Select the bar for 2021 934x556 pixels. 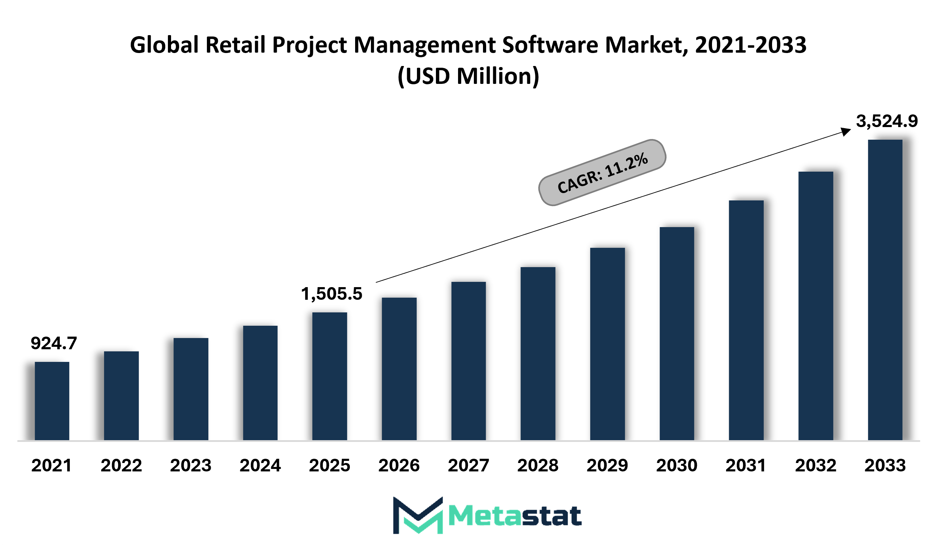click(x=52, y=401)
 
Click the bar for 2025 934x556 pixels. click(x=329, y=376)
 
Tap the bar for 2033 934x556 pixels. click(x=885, y=290)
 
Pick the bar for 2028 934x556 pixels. click(x=538, y=354)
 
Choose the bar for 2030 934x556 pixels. click(x=677, y=333)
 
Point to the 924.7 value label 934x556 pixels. click(x=54, y=343)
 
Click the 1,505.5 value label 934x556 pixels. click(x=332, y=294)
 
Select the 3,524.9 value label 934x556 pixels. click(x=887, y=121)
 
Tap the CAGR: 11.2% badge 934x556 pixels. click(x=602, y=173)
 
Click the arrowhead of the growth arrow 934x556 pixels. click(x=846, y=131)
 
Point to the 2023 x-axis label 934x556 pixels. click(x=191, y=466)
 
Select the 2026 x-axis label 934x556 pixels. click(x=399, y=466)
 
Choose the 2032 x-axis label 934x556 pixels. click(x=816, y=466)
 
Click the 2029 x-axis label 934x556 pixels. click(x=607, y=466)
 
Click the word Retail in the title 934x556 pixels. click(x=235, y=45)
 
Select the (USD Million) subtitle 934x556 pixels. click(x=468, y=77)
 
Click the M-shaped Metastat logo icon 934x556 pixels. click(x=418, y=515)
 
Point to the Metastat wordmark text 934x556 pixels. click(x=515, y=516)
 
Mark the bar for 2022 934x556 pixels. click(x=122, y=396)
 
